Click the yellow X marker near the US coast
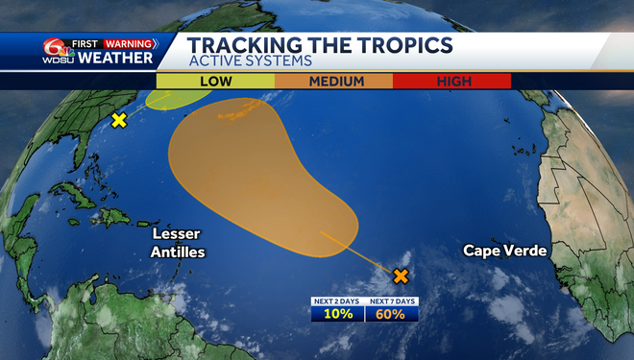point(119,120)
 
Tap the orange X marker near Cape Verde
point(401,276)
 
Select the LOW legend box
point(215,82)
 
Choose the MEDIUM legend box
point(336,82)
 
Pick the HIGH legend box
point(454,82)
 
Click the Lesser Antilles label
point(178,243)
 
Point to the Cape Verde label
point(504,251)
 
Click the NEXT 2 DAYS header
point(337,301)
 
